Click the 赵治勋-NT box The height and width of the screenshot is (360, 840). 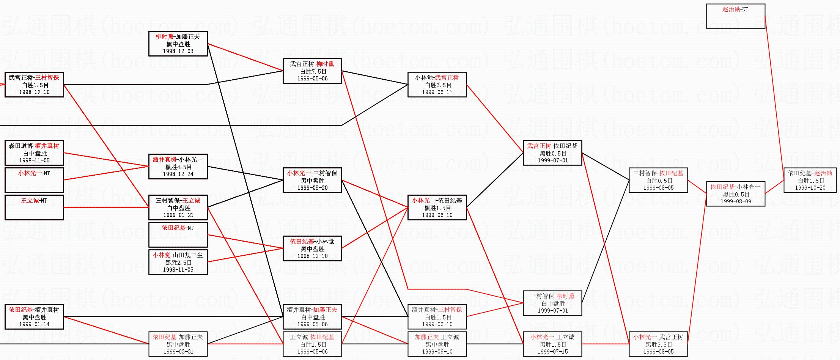(735, 16)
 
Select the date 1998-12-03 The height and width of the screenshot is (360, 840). (178, 51)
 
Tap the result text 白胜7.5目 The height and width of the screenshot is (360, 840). (313, 71)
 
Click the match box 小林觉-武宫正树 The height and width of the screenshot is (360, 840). (437, 84)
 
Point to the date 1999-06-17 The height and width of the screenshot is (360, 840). (437, 92)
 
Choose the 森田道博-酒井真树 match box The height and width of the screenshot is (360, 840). (34, 152)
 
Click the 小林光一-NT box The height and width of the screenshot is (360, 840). (34, 180)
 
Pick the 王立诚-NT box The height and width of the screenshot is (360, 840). (34, 207)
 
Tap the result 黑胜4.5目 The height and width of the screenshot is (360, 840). (178, 167)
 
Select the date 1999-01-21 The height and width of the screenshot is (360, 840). (178, 215)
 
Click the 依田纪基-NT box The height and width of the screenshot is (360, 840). (178, 234)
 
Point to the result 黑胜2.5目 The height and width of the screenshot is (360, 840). (178, 263)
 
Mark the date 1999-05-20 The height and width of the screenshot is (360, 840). (312, 188)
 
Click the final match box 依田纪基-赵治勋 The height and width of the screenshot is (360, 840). (810, 180)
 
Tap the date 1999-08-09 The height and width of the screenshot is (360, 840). (736, 201)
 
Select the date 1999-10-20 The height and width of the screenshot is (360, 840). (810, 188)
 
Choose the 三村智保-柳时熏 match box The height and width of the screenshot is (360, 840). (552, 303)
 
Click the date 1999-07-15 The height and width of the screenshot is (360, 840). (552, 352)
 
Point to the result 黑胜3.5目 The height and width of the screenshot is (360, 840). (658, 344)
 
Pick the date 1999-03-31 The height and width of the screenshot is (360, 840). (178, 352)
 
